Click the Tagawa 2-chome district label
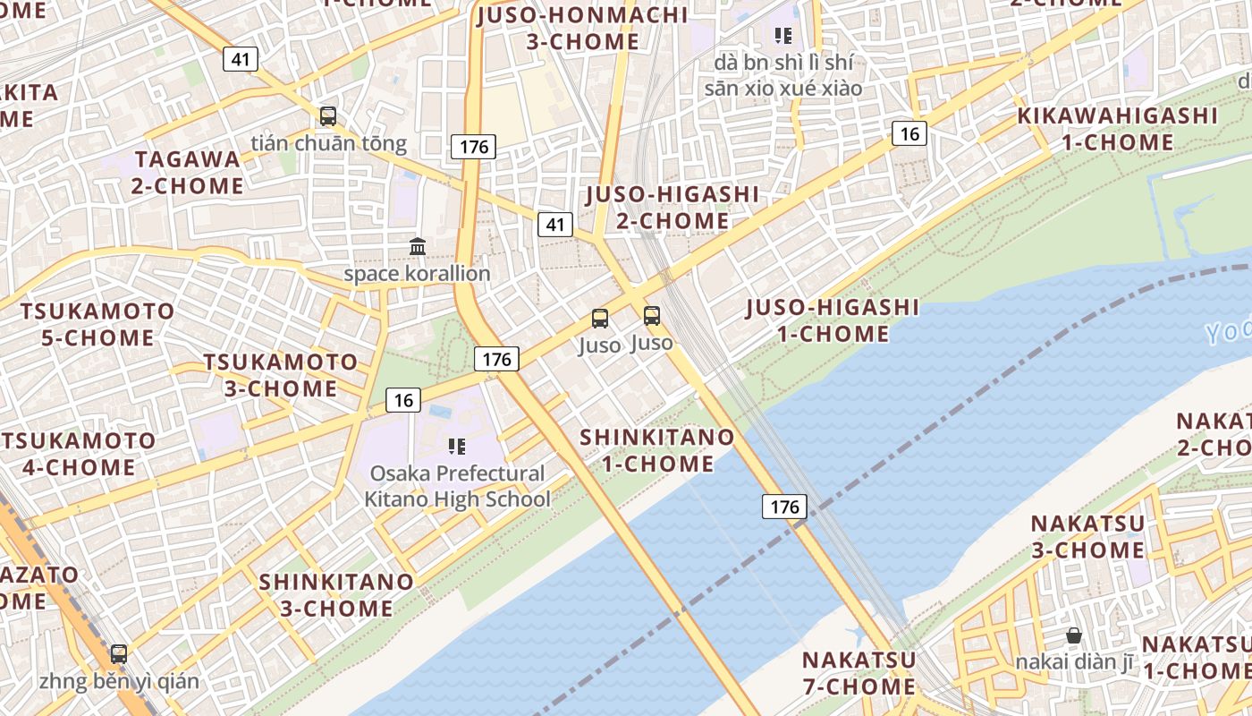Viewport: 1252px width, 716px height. click(x=188, y=173)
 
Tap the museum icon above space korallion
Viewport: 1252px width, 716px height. click(x=418, y=246)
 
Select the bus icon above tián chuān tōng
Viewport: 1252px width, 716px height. click(x=328, y=115)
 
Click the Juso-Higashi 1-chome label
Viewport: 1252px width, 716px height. click(x=832, y=320)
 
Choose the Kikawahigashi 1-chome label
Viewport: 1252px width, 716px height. click(x=1118, y=129)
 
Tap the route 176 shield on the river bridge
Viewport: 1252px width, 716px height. click(x=784, y=507)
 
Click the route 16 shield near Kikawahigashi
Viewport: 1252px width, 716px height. click(x=909, y=134)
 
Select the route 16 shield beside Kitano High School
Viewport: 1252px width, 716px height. click(x=403, y=400)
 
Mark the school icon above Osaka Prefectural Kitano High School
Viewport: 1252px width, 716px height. click(x=458, y=446)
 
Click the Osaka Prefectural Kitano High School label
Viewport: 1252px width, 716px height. click(x=457, y=486)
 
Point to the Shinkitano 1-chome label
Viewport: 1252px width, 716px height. click(x=657, y=450)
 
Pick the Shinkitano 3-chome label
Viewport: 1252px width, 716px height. click(x=336, y=595)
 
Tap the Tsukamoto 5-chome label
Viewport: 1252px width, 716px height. click(x=98, y=324)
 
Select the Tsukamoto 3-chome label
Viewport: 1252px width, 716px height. click(x=281, y=375)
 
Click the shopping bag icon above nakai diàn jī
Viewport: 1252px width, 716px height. click(x=1074, y=636)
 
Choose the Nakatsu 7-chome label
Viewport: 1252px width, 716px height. click(x=859, y=673)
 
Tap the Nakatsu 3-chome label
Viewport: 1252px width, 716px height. click(x=1087, y=536)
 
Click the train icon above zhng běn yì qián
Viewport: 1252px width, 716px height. click(x=119, y=654)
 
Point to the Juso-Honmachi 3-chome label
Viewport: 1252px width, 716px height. click(x=583, y=29)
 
